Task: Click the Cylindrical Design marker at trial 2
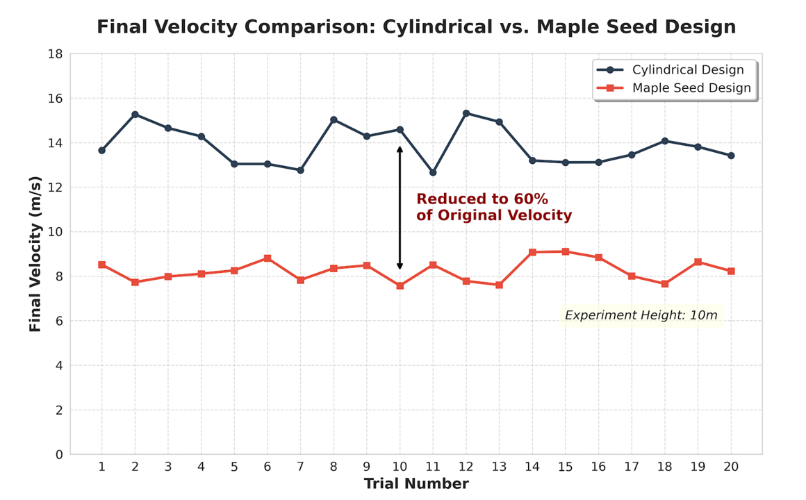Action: coord(135,115)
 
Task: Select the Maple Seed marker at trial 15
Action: coord(566,251)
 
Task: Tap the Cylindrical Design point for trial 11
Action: coord(433,172)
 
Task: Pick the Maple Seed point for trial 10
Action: coord(400,285)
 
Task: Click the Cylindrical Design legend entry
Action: coord(687,70)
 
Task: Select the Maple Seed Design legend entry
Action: coord(691,88)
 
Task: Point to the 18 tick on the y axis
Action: coord(55,54)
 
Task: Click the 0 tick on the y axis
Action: coord(59,455)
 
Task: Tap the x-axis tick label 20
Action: coord(731,467)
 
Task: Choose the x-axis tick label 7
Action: coord(300,467)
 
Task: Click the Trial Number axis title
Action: coord(416,484)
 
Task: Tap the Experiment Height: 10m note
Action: coord(641,315)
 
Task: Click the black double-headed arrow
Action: coord(400,208)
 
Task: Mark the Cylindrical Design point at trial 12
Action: coord(466,113)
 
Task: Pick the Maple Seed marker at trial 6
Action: coord(268,258)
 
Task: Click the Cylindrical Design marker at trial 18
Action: coord(665,141)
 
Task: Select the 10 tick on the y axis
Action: coord(55,232)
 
